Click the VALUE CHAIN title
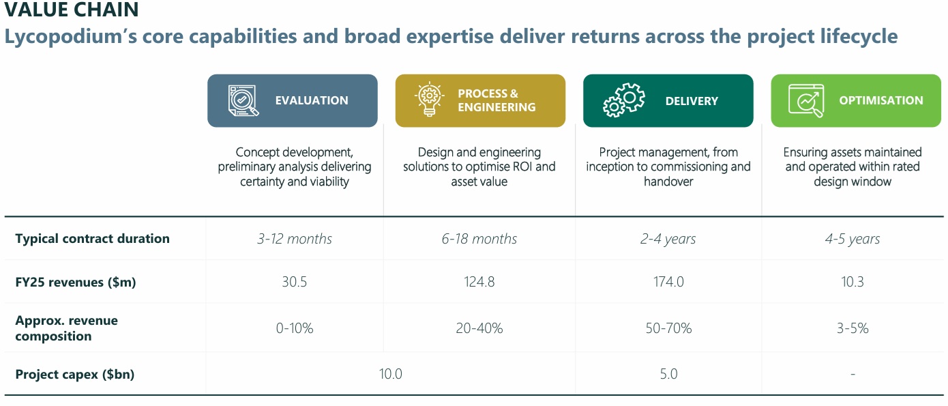point(72,10)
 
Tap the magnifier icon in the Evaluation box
point(243,101)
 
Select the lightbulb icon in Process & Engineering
point(430,100)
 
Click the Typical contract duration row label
point(92,239)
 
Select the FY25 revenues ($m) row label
point(75,282)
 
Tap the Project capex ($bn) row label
point(74,375)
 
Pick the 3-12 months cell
point(295,239)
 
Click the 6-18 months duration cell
point(479,239)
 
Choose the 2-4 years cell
point(668,239)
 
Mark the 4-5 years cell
point(853,239)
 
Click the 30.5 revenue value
point(295,282)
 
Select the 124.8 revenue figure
point(479,282)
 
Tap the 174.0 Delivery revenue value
point(668,282)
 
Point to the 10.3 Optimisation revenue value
point(853,282)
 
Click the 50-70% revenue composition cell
point(668,328)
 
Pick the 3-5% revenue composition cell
point(853,328)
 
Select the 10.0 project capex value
point(391,374)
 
